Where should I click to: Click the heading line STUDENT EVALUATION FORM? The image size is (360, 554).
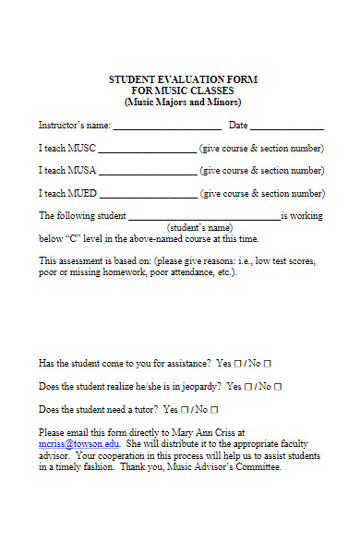coord(183,80)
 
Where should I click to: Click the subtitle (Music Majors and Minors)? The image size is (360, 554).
coord(183,102)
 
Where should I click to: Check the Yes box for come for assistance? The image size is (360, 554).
coord(238,364)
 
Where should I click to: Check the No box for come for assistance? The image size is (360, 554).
coord(267,364)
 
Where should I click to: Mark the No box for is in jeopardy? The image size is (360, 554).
coord(277,387)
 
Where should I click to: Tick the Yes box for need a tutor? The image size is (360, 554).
coord(186,410)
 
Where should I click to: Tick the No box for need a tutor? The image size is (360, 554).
coord(214,410)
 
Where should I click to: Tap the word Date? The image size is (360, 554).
coord(238,126)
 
